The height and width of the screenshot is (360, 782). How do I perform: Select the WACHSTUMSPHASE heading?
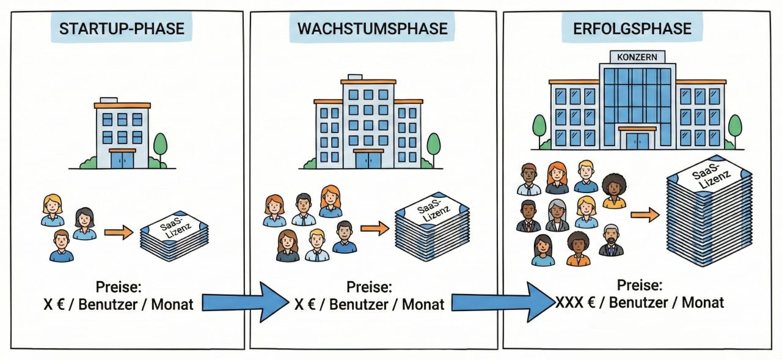click(373, 28)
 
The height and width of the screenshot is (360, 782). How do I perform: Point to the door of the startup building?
click(122, 159)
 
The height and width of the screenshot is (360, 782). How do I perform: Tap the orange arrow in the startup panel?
click(119, 232)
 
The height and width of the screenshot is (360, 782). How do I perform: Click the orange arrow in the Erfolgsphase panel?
click(645, 215)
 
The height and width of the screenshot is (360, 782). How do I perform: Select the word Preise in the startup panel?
click(119, 287)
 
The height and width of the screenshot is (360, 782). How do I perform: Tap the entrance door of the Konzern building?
click(637, 140)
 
